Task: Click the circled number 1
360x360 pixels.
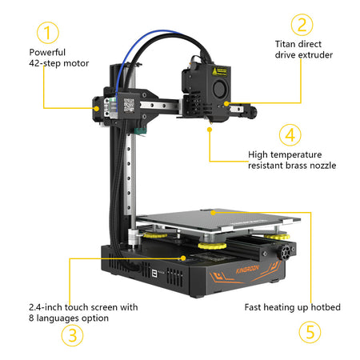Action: tap(47, 33)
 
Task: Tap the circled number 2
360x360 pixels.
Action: tap(302, 25)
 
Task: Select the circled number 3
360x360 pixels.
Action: tap(72, 335)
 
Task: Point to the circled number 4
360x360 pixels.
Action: tap(290, 135)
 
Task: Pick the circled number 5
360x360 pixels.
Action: tap(310, 332)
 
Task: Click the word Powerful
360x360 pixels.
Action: tap(47, 52)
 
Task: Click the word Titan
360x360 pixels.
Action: tap(285, 44)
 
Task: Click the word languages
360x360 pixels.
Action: tap(58, 318)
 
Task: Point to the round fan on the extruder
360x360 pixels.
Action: tap(219, 88)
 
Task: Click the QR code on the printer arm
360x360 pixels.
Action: tap(129, 105)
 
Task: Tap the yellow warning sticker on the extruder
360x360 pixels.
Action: tap(219, 71)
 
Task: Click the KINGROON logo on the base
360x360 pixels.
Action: tap(247, 270)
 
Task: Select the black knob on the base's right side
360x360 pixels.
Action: tap(285, 252)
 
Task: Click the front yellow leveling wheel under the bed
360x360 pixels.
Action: tap(212, 246)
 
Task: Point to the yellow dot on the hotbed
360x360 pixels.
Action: tap(213, 213)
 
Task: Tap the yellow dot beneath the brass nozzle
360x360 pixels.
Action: tap(210, 130)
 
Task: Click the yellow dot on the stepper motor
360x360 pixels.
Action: tap(97, 108)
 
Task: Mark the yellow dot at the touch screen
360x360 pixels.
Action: tap(183, 258)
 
